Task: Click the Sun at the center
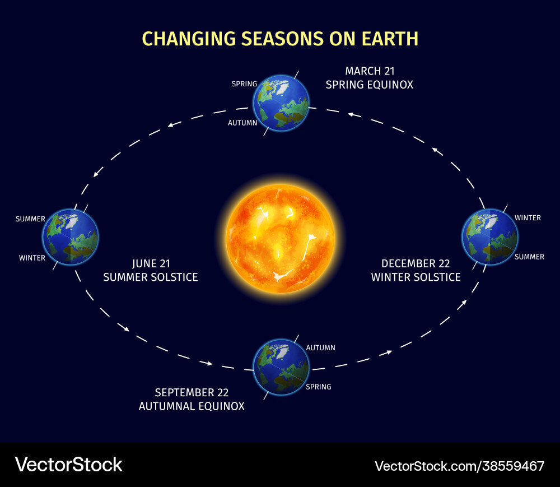click(x=280, y=238)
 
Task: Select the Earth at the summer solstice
click(x=71, y=236)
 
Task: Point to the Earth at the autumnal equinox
click(x=281, y=367)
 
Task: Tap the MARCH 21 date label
click(x=370, y=71)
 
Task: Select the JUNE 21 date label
click(x=151, y=263)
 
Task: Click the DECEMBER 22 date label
click(x=416, y=263)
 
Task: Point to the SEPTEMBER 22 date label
click(x=192, y=392)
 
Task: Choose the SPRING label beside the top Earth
click(x=244, y=84)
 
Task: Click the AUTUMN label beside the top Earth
click(x=242, y=122)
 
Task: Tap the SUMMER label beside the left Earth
click(x=30, y=219)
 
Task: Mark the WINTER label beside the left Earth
click(x=32, y=258)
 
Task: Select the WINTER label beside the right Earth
click(x=528, y=217)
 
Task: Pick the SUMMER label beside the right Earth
click(x=529, y=257)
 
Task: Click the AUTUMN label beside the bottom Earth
click(x=320, y=347)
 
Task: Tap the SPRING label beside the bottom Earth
click(x=318, y=387)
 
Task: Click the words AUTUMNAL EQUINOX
click(x=192, y=406)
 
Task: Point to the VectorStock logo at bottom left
click(x=68, y=464)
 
